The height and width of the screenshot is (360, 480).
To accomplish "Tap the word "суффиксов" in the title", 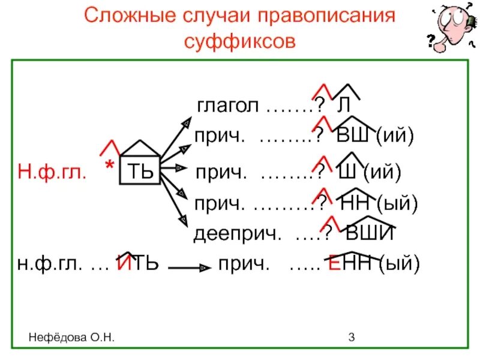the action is [x=239, y=42].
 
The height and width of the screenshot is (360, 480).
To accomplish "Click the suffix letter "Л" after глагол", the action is [x=343, y=106].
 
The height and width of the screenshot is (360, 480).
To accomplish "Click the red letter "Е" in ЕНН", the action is [x=334, y=263].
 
